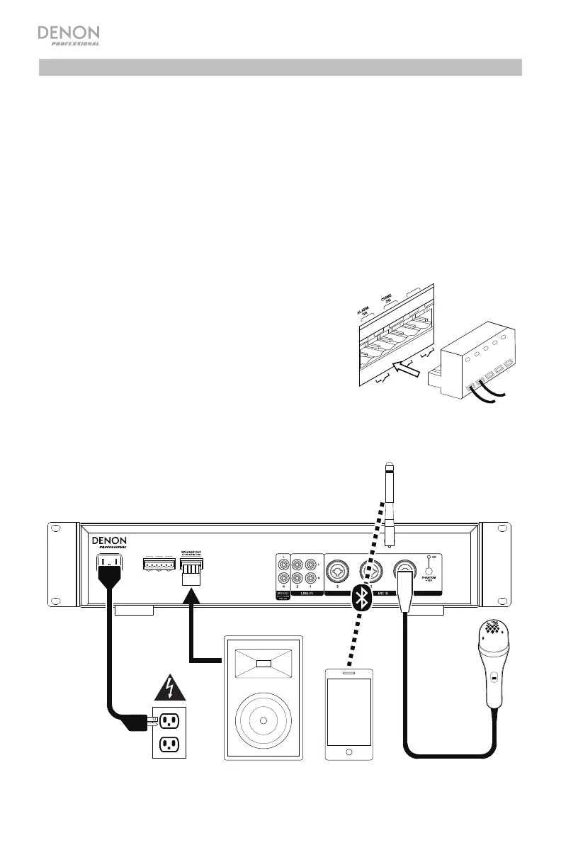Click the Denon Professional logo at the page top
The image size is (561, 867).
[68, 35]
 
